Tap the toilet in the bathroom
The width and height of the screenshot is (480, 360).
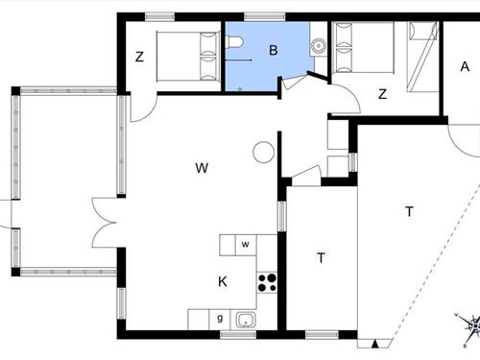tap(234, 43)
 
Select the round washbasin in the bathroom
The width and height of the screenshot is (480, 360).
tap(318, 44)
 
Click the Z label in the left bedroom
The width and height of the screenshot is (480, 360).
tap(139, 57)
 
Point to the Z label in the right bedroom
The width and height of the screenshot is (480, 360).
tap(382, 93)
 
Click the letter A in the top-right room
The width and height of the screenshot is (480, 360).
tap(465, 66)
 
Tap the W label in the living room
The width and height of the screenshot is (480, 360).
tap(202, 168)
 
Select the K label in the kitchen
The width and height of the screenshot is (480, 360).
tap(223, 281)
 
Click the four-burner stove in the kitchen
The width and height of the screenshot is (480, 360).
tap(268, 282)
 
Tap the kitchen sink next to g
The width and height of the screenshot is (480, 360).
tap(246, 319)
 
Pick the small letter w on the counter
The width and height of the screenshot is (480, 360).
tap(246, 245)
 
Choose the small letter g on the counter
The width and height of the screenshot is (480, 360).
tap(220, 318)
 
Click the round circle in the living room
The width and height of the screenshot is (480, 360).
tap(263, 152)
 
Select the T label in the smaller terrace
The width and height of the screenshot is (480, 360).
tap(321, 257)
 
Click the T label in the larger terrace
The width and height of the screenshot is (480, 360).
tap(409, 211)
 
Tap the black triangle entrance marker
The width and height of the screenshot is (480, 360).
tap(373, 342)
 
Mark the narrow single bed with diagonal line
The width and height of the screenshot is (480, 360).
tap(421, 58)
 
